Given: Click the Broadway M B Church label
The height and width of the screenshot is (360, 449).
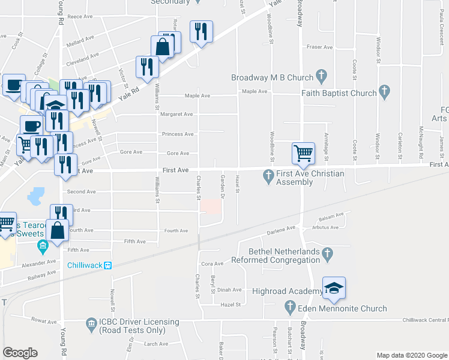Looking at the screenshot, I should pos(273,77).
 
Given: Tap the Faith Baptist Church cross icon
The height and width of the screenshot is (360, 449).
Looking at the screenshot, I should pos(385,92).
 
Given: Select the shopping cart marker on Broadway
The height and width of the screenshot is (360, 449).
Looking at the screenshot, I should pos(303,153).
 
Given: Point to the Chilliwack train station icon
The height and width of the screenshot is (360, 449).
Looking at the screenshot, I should pos(108,265).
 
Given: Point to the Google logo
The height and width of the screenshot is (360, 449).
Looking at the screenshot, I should pos(20,353).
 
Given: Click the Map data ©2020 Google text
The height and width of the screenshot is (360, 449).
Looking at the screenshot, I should pos(412,355).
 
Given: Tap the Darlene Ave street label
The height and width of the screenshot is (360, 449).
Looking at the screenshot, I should pos(282,229).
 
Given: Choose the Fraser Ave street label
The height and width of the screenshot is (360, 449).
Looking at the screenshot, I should pos(319,47).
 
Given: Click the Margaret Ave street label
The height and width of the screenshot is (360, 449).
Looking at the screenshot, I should pos(177,114).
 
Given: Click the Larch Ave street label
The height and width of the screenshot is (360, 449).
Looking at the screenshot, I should pos(155,344).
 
